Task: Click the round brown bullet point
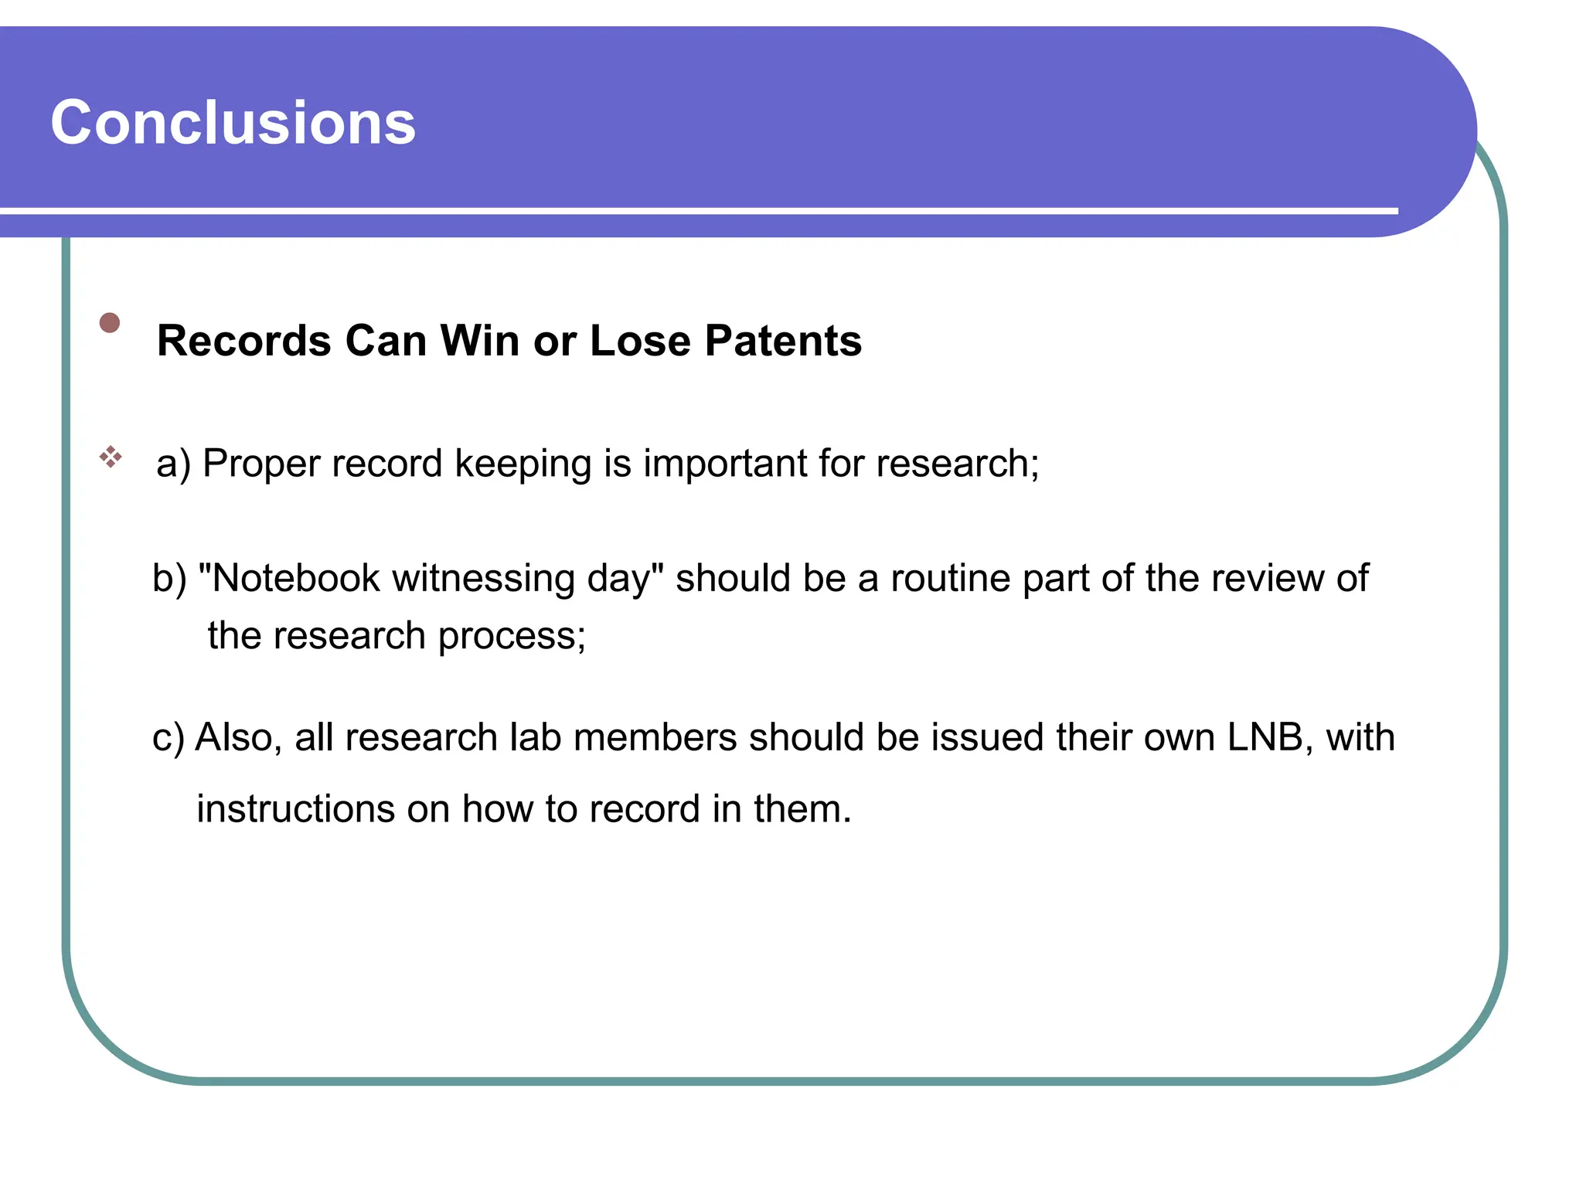click(x=110, y=322)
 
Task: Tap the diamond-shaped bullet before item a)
click(x=111, y=457)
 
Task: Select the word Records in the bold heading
click(x=244, y=341)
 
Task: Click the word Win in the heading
click(x=479, y=341)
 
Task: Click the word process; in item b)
click(x=512, y=637)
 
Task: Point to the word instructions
click(x=296, y=809)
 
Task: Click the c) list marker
click(x=169, y=738)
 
